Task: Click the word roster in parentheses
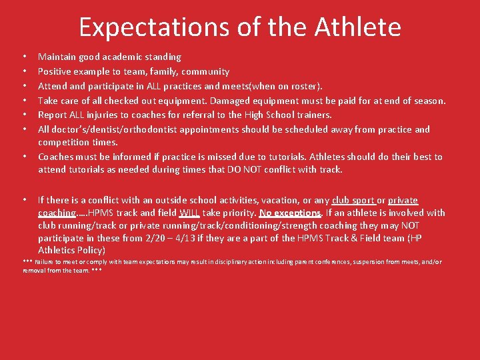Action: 304,86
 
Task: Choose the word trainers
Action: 312,115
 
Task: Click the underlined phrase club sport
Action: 353,200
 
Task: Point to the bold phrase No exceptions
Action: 290,213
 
